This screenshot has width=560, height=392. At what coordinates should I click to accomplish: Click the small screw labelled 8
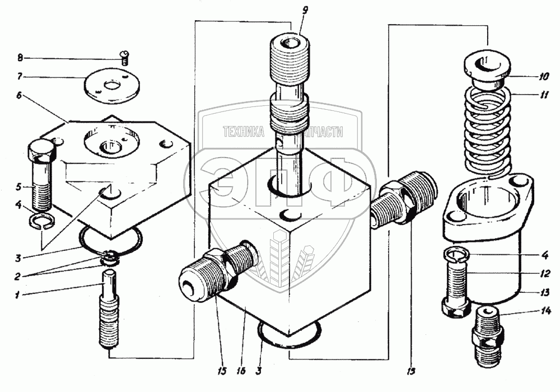click(x=124, y=54)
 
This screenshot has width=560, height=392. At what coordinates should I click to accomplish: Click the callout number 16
click(x=240, y=370)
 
